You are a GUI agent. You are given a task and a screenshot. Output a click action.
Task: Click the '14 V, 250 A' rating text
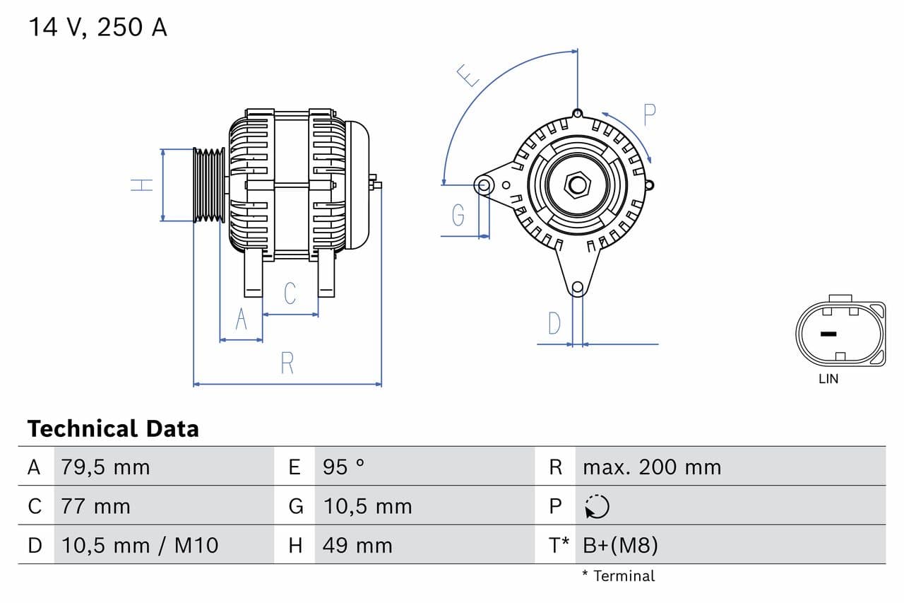click(x=97, y=28)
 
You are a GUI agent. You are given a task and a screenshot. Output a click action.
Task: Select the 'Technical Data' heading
click(x=113, y=428)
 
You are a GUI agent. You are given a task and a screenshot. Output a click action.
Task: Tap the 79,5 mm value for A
click(x=105, y=467)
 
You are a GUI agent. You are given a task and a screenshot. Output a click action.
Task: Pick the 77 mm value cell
click(x=96, y=506)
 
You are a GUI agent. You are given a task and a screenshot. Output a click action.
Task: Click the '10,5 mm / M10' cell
click(x=140, y=545)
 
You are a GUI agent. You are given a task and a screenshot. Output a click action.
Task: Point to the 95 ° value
click(x=344, y=467)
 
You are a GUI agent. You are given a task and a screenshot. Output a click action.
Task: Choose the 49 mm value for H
click(x=357, y=545)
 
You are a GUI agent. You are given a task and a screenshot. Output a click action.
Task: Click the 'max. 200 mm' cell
click(x=652, y=467)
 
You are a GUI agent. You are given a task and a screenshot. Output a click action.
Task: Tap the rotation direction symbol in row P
click(x=597, y=506)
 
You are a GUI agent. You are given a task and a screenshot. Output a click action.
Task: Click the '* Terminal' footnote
click(x=619, y=576)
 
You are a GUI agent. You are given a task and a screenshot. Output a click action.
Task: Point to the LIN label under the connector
click(x=828, y=379)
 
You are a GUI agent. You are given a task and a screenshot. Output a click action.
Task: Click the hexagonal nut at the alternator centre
click(x=578, y=185)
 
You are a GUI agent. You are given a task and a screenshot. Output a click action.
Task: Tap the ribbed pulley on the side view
click(x=209, y=185)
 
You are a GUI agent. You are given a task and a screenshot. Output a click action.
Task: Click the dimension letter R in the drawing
click(x=287, y=363)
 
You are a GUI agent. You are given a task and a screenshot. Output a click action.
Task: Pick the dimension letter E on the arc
click(x=468, y=75)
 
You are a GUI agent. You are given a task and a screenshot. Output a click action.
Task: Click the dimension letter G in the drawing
click(x=458, y=214)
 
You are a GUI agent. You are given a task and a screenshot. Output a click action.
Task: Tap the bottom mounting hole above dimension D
click(x=578, y=287)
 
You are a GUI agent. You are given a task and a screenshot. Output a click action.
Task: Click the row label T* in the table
click(x=559, y=545)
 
